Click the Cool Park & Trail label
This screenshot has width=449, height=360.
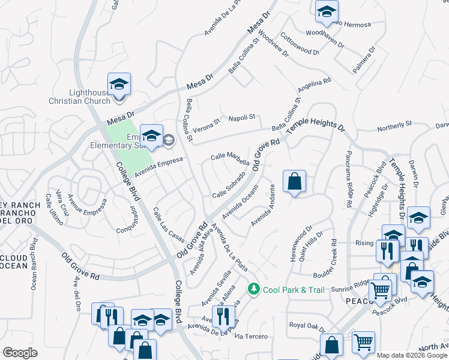pyautogui.click(x=294, y=290)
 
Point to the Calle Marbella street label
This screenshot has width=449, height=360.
pyautogui.click(x=230, y=158)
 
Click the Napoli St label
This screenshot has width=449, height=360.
pyautogui.click(x=240, y=117)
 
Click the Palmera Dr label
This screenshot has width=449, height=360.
pyautogui.click(x=364, y=59)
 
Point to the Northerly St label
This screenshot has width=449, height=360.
pyautogui.click(x=394, y=127)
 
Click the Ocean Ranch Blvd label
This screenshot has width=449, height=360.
pyautogui.click(x=33, y=264)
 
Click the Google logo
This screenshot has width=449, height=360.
pyautogui.click(x=20, y=353)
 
